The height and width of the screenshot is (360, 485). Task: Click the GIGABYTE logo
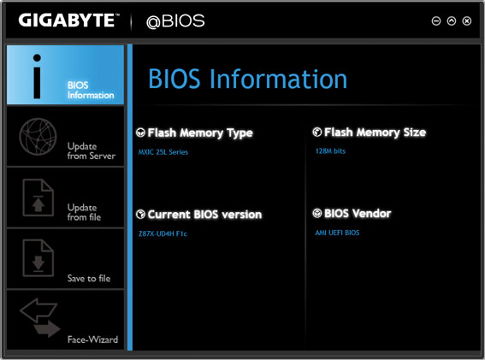click(x=68, y=21)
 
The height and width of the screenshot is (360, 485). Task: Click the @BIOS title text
click(x=175, y=21)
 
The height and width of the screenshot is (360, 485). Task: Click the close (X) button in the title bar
click(x=467, y=21)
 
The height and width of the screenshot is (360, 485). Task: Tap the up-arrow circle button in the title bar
click(x=452, y=21)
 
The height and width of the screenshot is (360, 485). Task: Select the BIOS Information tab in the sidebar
click(x=65, y=75)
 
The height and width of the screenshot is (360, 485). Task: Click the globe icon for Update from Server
click(x=38, y=137)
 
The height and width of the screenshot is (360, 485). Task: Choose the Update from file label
click(x=84, y=212)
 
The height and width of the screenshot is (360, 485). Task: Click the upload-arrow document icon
click(x=38, y=198)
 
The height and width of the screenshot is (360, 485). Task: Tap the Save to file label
click(x=89, y=279)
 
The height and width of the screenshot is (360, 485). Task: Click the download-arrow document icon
click(x=38, y=258)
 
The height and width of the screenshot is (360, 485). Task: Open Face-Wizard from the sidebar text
click(x=92, y=339)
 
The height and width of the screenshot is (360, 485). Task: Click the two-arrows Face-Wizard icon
click(x=40, y=317)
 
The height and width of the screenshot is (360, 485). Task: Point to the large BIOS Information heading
click(x=248, y=80)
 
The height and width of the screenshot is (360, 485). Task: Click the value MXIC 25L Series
click(x=163, y=152)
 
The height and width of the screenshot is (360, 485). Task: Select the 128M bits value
click(x=330, y=151)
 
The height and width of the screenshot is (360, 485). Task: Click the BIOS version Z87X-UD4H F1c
click(x=163, y=233)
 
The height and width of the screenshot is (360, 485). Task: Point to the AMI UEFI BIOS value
click(x=337, y=233)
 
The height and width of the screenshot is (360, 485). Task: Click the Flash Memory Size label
click(x=375, y=133)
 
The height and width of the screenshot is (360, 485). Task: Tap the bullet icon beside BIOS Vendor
click(x=317, y=213)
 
